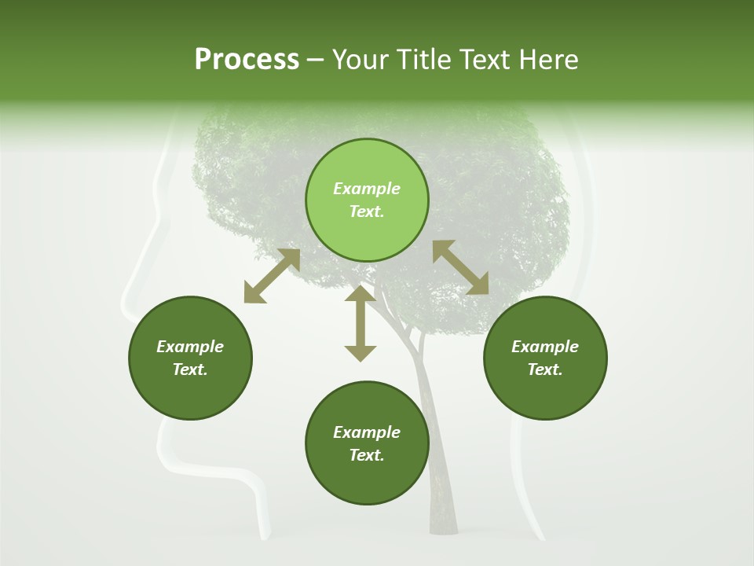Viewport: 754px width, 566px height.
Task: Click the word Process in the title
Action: pos(247,60)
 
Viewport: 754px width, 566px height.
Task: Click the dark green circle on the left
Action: pos(190,358)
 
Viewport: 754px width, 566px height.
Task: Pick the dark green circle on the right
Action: pos(545,358)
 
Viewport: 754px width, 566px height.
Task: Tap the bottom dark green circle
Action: pos(367,443)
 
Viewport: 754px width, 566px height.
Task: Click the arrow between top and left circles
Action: pos(272,276)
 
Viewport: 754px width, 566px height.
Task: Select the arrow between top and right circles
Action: pos(460,267)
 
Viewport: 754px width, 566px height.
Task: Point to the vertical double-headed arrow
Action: pos(361,323)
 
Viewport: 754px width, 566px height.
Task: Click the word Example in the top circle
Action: pos(367,189)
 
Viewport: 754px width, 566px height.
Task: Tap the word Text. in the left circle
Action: pos(190,369)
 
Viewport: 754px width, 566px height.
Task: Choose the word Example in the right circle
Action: pos(545,347)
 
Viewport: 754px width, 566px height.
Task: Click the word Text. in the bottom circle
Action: pos(367,455)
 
